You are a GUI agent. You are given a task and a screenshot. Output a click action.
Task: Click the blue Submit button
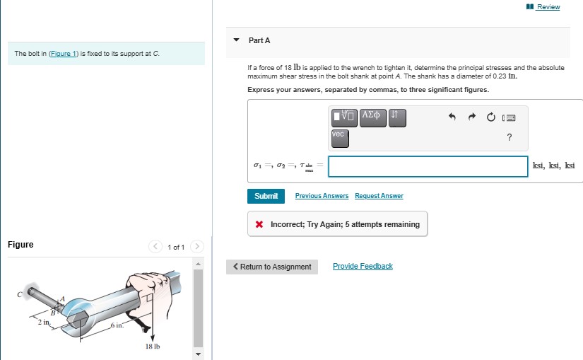click(x=266, y=196)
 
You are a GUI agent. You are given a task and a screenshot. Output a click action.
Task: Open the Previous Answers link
click(x=322, y=196)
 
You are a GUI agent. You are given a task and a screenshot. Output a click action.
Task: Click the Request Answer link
click(x=379, y=196)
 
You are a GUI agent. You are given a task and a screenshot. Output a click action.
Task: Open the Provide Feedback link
click(x=363, y=266)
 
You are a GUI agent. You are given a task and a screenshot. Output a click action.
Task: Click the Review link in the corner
click(x=548, y=7)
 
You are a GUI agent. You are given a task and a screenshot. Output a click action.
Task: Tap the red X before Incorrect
click(x=259, y=224)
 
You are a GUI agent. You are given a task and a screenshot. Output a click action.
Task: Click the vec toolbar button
click(x=340, y=136)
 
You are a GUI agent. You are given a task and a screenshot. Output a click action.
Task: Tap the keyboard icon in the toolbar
click(x=509, y=117)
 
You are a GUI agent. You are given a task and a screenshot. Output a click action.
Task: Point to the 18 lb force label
click(x=153, y=347)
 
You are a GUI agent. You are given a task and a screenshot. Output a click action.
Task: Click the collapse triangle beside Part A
click(x=236, y=40)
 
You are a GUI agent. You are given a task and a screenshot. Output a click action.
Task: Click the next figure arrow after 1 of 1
click(x=198, y=247)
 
